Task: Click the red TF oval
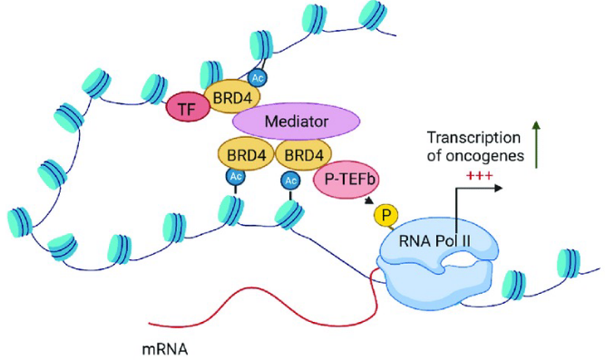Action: [x=187, y=110]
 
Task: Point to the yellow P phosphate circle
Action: [x=387, y=215]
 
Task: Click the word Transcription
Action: [x=473, y=138]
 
